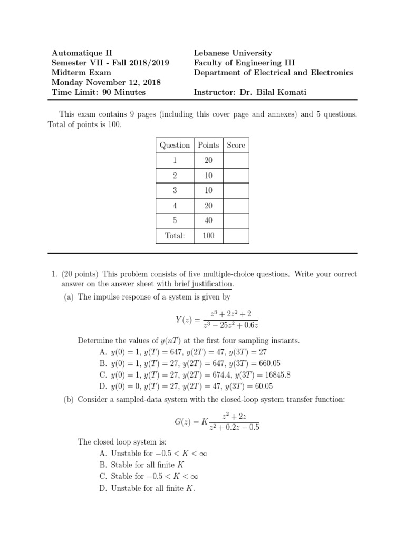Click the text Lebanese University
tap(233, 53)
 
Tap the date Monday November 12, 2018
tap(106, 82)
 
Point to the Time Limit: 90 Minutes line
tap(98, 92)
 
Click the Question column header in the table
tap(175, 145)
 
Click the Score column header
tap(236, 145)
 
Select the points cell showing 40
tap(208, 220)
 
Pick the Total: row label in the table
tap(175, 236)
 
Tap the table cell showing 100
tap(208, 236)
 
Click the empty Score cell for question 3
tap(236, 190)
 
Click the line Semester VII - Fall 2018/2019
tap(110, 63)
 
